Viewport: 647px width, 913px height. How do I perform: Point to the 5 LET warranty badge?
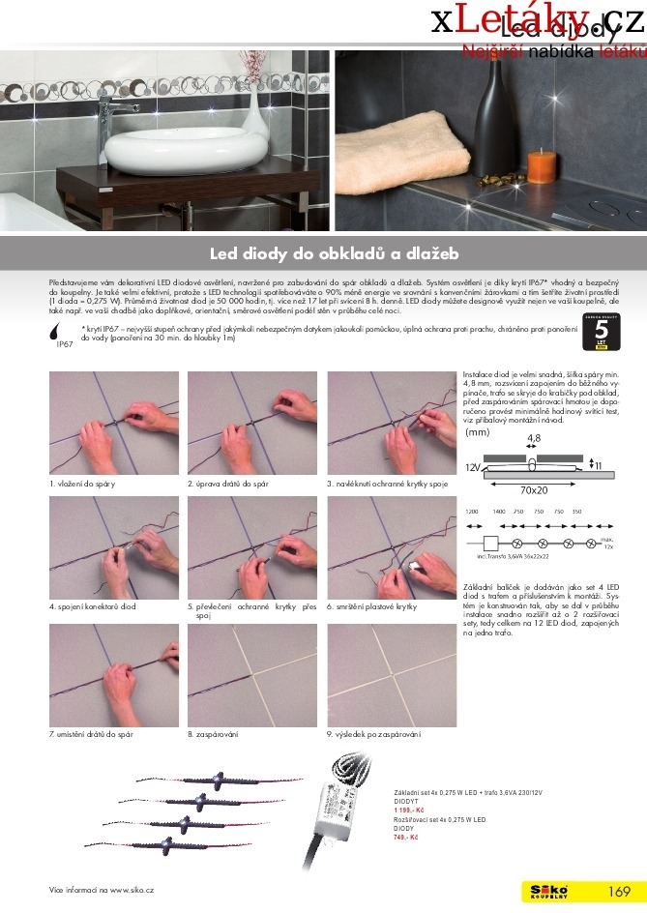click(600, 333)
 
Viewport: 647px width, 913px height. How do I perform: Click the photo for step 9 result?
click(392, 675)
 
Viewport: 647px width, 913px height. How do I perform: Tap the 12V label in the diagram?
click(473, 467)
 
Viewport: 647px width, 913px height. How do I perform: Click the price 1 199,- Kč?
click(407, 809)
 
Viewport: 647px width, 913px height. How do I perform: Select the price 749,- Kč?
click(405, 837)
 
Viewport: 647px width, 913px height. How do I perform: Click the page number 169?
click(619, 892)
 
